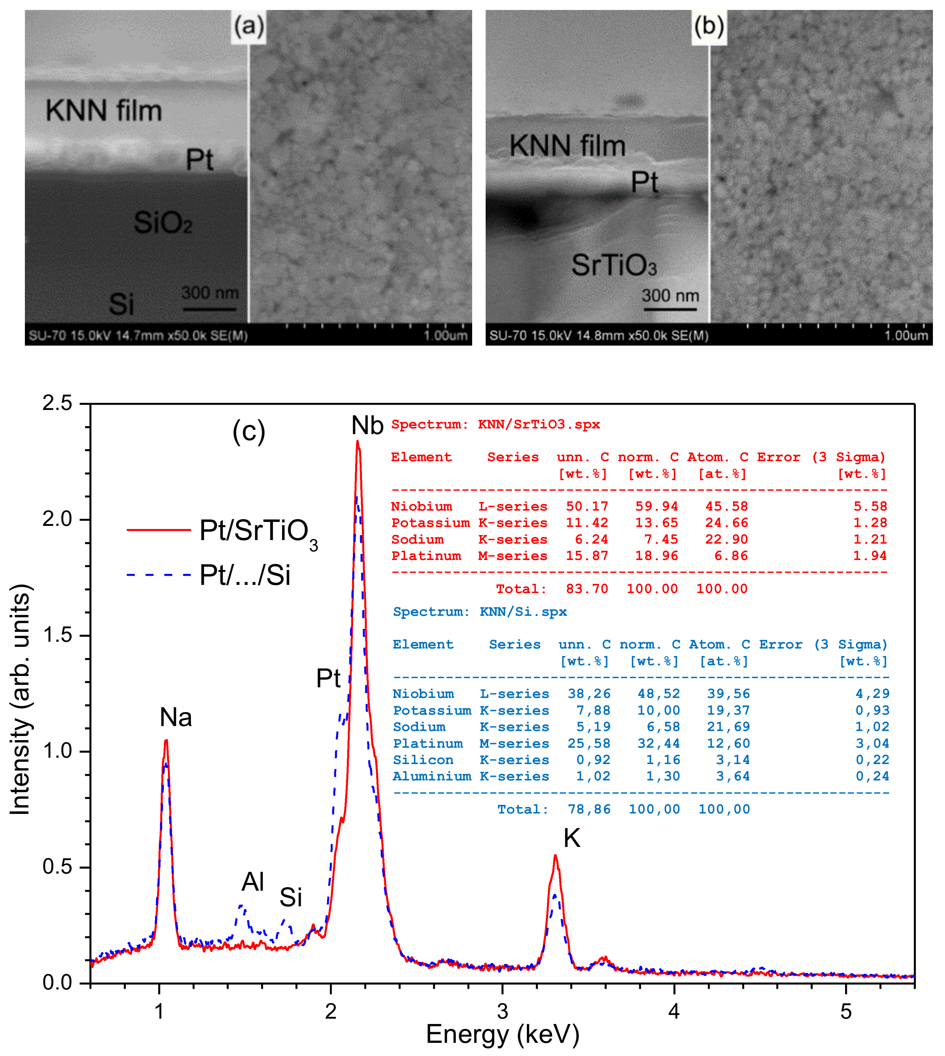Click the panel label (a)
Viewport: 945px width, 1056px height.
[x=248, y=26]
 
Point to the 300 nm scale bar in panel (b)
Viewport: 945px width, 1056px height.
[x=670, y=309]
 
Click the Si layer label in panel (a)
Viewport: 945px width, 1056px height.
[x=122, y=304]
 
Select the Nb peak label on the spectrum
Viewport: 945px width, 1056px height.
[x=367, y=426]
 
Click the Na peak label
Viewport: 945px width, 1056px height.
[x=176, y=718]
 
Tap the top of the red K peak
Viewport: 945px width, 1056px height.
[x=555, y=855]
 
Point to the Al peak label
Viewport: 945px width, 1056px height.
[x=253, y=881]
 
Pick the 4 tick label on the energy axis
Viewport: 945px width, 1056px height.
[x=674, y=1011]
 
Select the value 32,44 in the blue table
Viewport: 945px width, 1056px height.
[x=658, y=743]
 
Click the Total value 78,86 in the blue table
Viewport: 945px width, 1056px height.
[x=589, y=809]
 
